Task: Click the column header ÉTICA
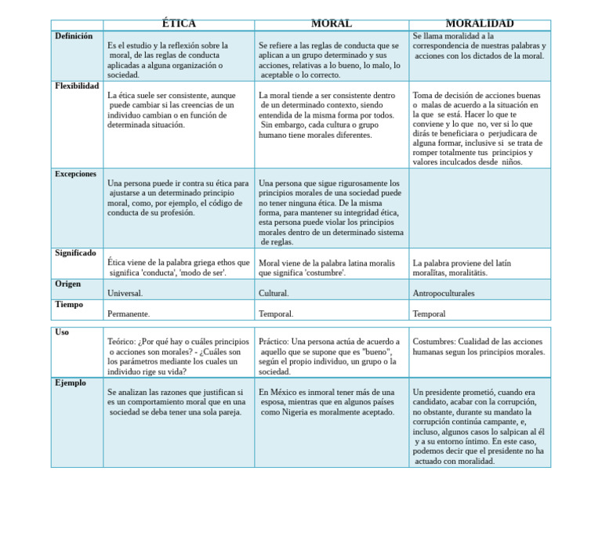[x=179, y=24]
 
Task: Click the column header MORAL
[x=331, y=24]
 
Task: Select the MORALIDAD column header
[x=479, y=24]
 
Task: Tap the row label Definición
[x=74, y=36]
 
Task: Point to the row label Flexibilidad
[x=77, y=86]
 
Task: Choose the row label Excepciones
[x=76, y=174]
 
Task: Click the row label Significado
[x=76, y=253]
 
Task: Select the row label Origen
[x=68, y=284]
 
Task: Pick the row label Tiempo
[x=69, y=304]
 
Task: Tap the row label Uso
[x=62, y=332]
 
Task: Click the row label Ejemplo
[x=71, y=383]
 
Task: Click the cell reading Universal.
[x=125, y=294]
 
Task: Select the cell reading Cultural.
[x=274, y=294]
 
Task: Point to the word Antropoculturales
[x=444, y=294]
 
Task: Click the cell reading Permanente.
[x=129, y=314]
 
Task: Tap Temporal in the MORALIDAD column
[x=429, y=314]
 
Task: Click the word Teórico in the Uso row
[x=121, y=342]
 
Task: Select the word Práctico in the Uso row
[x=274, y=342]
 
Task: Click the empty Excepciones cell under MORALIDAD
[x=479, y=208]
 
